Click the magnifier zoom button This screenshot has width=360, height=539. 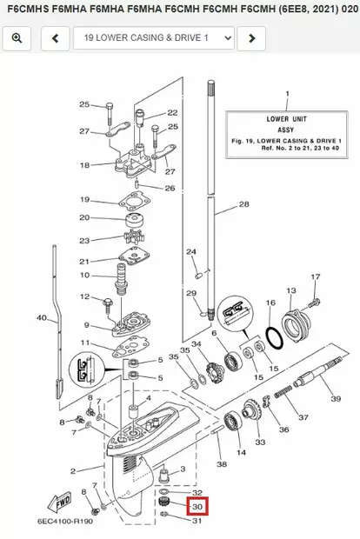[17, 38]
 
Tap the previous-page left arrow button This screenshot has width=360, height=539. [55, 38]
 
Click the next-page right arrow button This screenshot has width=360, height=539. [251, 38]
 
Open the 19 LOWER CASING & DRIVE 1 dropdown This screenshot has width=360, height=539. [154, 38]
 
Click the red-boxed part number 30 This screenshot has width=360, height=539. [197, 506]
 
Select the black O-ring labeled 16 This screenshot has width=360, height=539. [275, 338]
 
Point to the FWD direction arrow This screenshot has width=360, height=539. [60, 503]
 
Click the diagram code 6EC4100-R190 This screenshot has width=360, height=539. [65, 521]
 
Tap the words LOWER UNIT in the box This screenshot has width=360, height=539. [286, 119]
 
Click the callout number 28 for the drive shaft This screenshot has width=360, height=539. [243, 204]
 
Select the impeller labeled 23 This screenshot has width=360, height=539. [134, 236]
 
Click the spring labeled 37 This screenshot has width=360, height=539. [283, 392]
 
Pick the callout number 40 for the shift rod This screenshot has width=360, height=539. [42, 317]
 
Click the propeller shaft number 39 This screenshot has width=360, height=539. [336, 398]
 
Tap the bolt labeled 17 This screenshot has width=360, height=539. [314, 303]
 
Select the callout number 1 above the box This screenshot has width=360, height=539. [288, 94]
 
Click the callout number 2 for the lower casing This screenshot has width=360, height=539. [72, 471]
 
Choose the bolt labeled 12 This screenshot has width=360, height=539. [108, 305]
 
